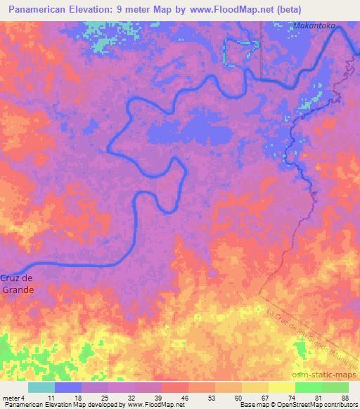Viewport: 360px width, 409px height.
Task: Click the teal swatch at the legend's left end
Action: (x=41, y=387)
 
